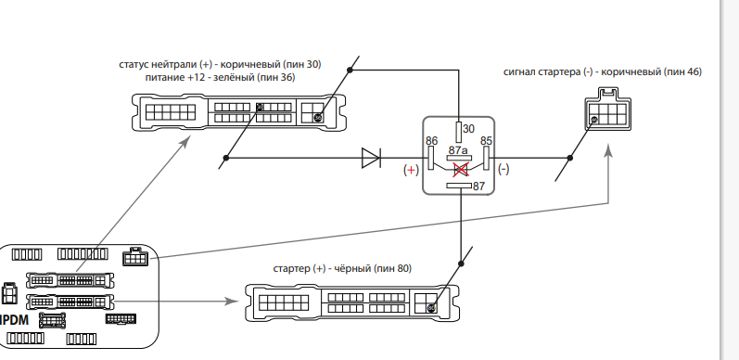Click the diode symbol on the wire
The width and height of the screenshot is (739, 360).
click(x=372, y=158)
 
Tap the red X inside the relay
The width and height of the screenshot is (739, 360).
click(x=461, y=170)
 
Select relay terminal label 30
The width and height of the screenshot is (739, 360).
click(x=468, y=129)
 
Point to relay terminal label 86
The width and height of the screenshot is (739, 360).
click(x=432, y=141)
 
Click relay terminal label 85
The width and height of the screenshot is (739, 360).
click(x=487, y=141)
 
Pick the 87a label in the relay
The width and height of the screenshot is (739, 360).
click(x=458, y=150)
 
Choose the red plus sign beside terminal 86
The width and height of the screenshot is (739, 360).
click(x=411, y=170)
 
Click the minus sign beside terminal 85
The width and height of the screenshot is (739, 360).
click(x=503, y=169)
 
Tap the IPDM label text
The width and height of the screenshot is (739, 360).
click(x=14, y=320)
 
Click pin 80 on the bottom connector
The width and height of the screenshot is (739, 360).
click(x=431, y=308)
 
